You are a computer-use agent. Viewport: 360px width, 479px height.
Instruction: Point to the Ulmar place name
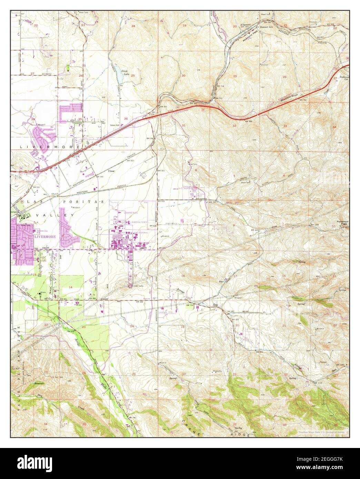(x=111, y=171)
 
